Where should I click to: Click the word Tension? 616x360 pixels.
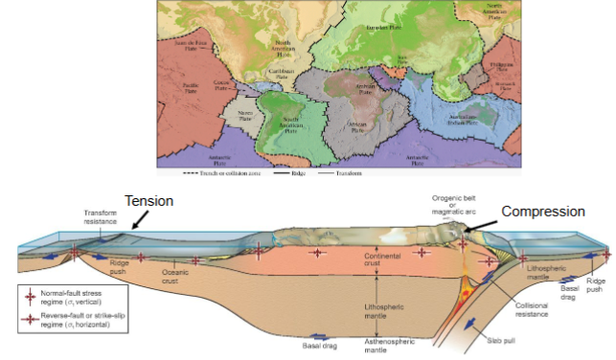tap(149, 202)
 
